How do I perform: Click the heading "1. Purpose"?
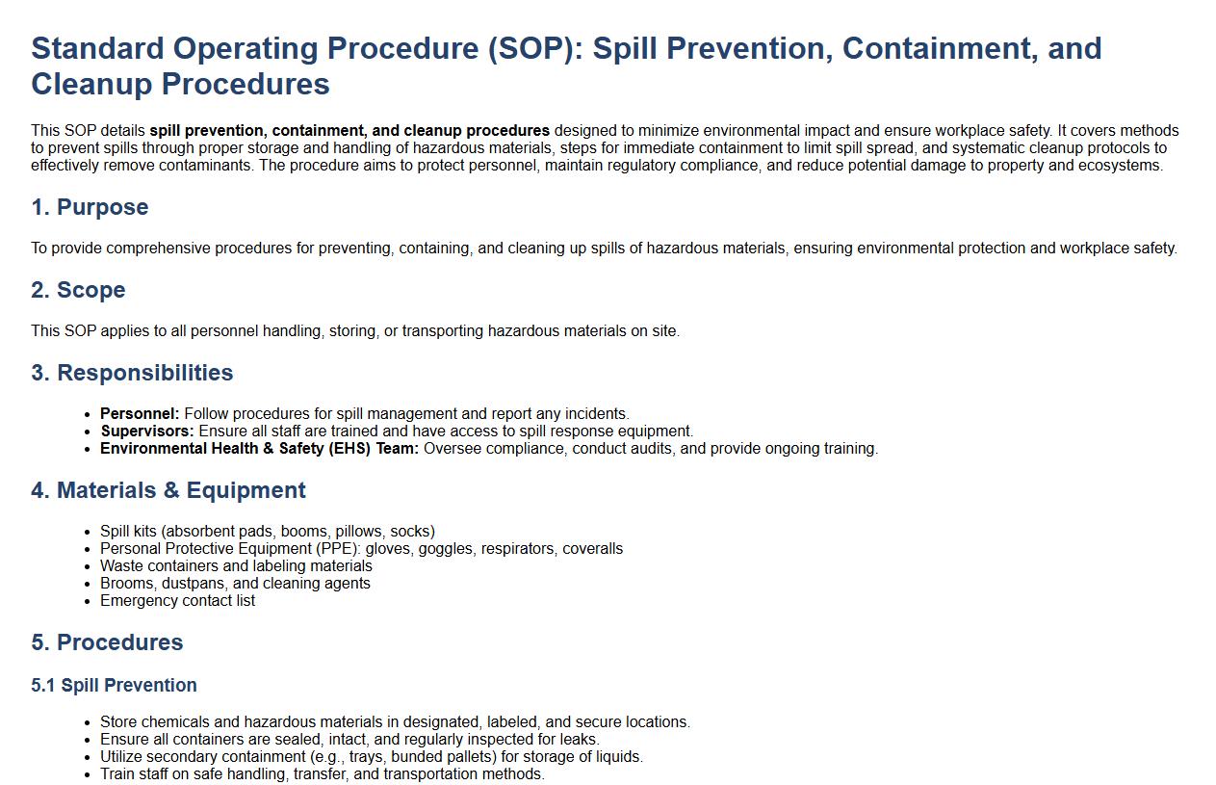click(x=90, y=207)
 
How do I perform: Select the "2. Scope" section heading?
click(x=78, y=290)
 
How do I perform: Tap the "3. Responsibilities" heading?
click(x=132, y=373)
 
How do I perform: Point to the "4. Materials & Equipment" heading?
click(x=168, y=490)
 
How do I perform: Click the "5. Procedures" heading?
click(x=107, y=642)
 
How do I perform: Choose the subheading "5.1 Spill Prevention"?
click(x=114, y=685)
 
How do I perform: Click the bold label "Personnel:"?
click(x=140, y=413)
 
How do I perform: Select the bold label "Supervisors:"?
click(x=147, y=431)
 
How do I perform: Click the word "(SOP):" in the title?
click(x=535, y=49)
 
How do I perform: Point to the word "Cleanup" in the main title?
click(x=91, y=84)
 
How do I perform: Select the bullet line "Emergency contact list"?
click(x=177, y=600)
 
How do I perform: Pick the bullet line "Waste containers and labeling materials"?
click(x=236, y=566)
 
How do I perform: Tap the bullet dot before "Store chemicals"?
click(x=88, y=723)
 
